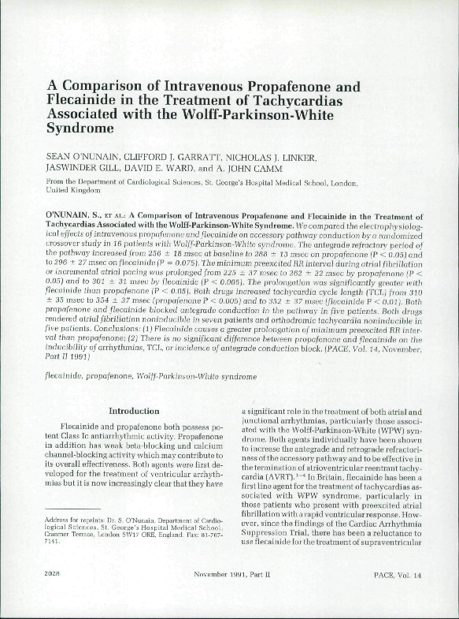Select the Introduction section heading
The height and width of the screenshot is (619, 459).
pos(133,411)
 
